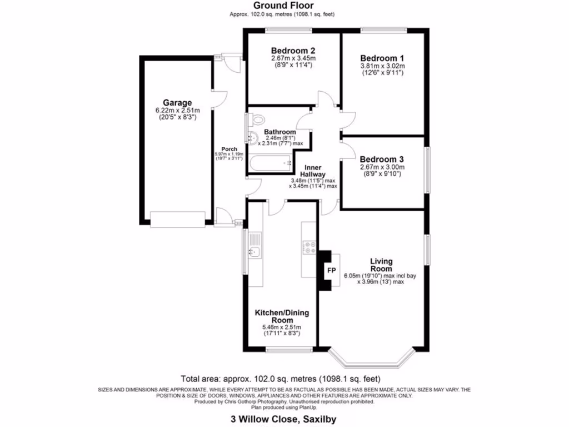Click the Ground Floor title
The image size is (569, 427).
point(284,6)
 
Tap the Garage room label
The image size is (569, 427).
point(177,103)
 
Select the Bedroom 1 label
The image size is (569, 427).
point(382,58)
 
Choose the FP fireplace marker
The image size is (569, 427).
point(331,271)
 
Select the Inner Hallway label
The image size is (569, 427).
point(312,170)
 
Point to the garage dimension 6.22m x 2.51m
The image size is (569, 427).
point(177,110)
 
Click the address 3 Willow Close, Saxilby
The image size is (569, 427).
point(284,419)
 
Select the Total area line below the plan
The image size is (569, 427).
point(284,378)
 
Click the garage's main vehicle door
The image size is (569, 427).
point(177,220)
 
